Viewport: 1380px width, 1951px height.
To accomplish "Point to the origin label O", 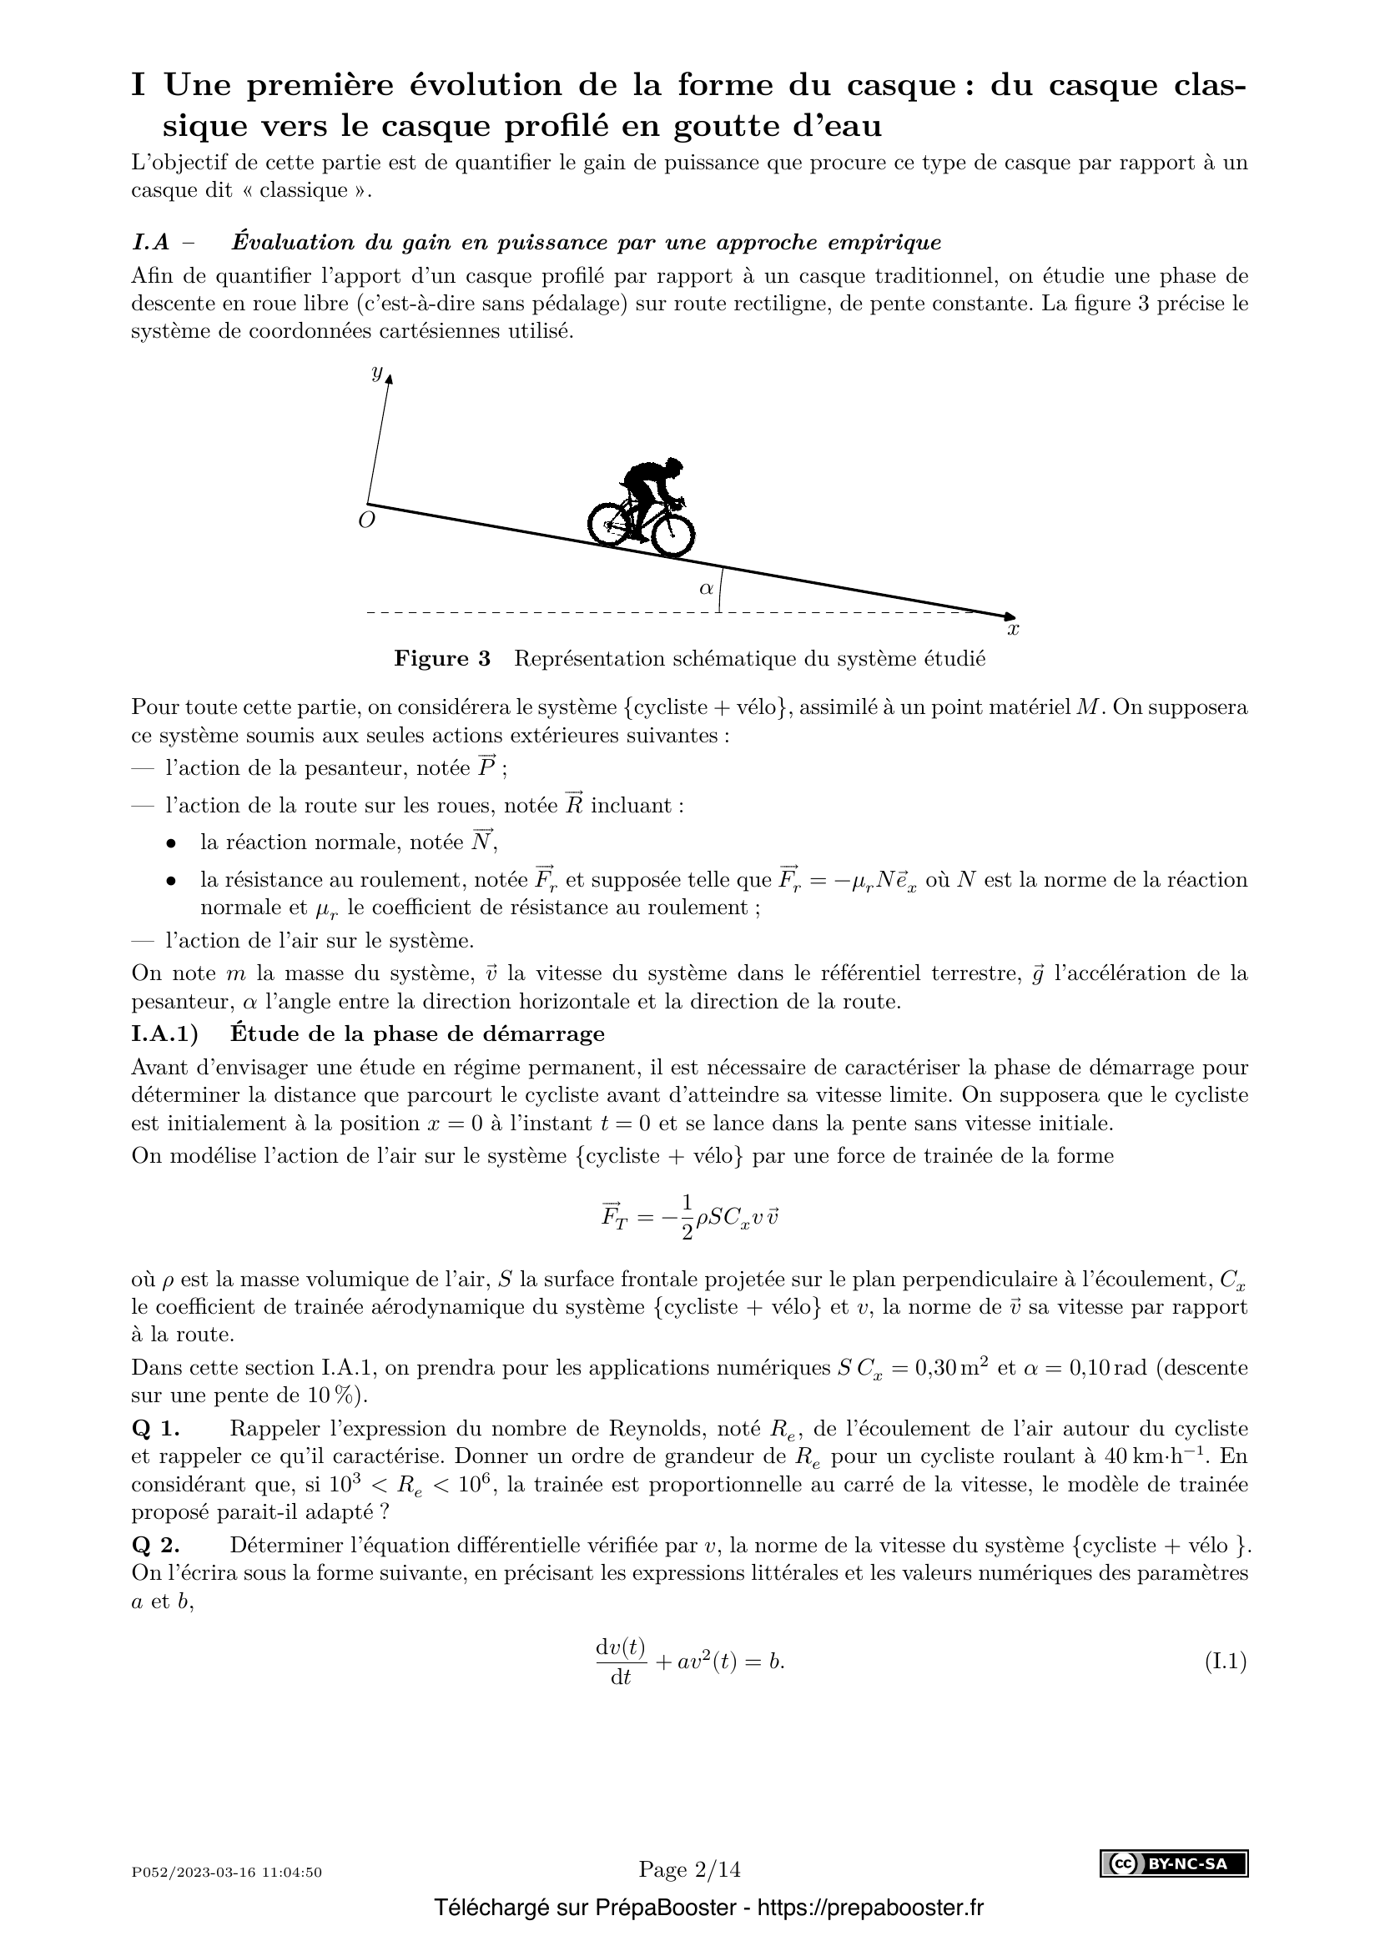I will (x=366, y=520).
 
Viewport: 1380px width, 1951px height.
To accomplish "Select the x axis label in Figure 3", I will (x=1013, y=630).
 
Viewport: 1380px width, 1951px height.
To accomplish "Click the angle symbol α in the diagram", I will (x=706, y=587).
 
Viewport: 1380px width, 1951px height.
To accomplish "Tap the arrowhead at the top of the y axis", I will (x=389, y=375).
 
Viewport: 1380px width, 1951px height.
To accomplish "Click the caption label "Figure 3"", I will (x=442, y=659).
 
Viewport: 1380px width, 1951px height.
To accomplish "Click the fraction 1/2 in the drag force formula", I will (x=687, y=1218).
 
